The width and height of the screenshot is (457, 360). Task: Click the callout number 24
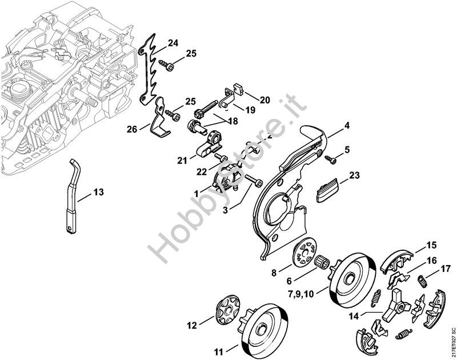[173, 43]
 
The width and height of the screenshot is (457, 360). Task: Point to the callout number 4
[347, 126]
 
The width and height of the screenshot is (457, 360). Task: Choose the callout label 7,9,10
[301, 294]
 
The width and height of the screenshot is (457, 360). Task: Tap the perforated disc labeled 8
[304, 251]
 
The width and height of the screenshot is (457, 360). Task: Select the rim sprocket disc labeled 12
[228, 310]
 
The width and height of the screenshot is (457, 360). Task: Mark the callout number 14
[354, 316]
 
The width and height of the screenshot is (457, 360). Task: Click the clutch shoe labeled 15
[397, 261]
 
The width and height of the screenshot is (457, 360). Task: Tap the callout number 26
[132, 129]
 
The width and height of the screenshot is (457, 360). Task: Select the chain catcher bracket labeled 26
[161, 118]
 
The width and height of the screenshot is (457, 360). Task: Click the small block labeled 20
[239, 89]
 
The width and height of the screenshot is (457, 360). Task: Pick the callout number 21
[182, 160]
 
